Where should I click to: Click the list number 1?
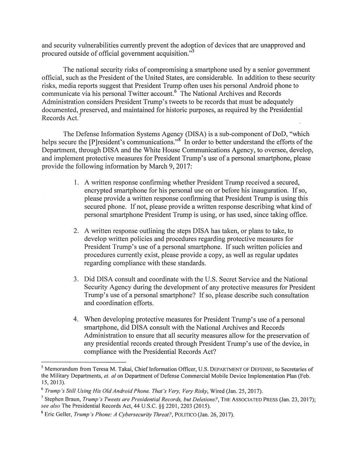coord(76,183)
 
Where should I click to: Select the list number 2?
coord(76,231)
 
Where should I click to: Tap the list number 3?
coord(76,280)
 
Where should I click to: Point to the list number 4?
coord(76,320)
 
